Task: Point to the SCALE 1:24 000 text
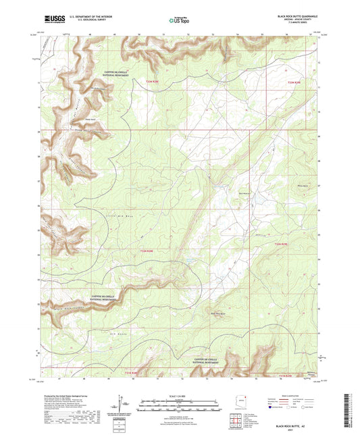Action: (180, 394)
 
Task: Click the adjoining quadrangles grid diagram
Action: (236, 420)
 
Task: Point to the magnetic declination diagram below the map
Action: (122, 403)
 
